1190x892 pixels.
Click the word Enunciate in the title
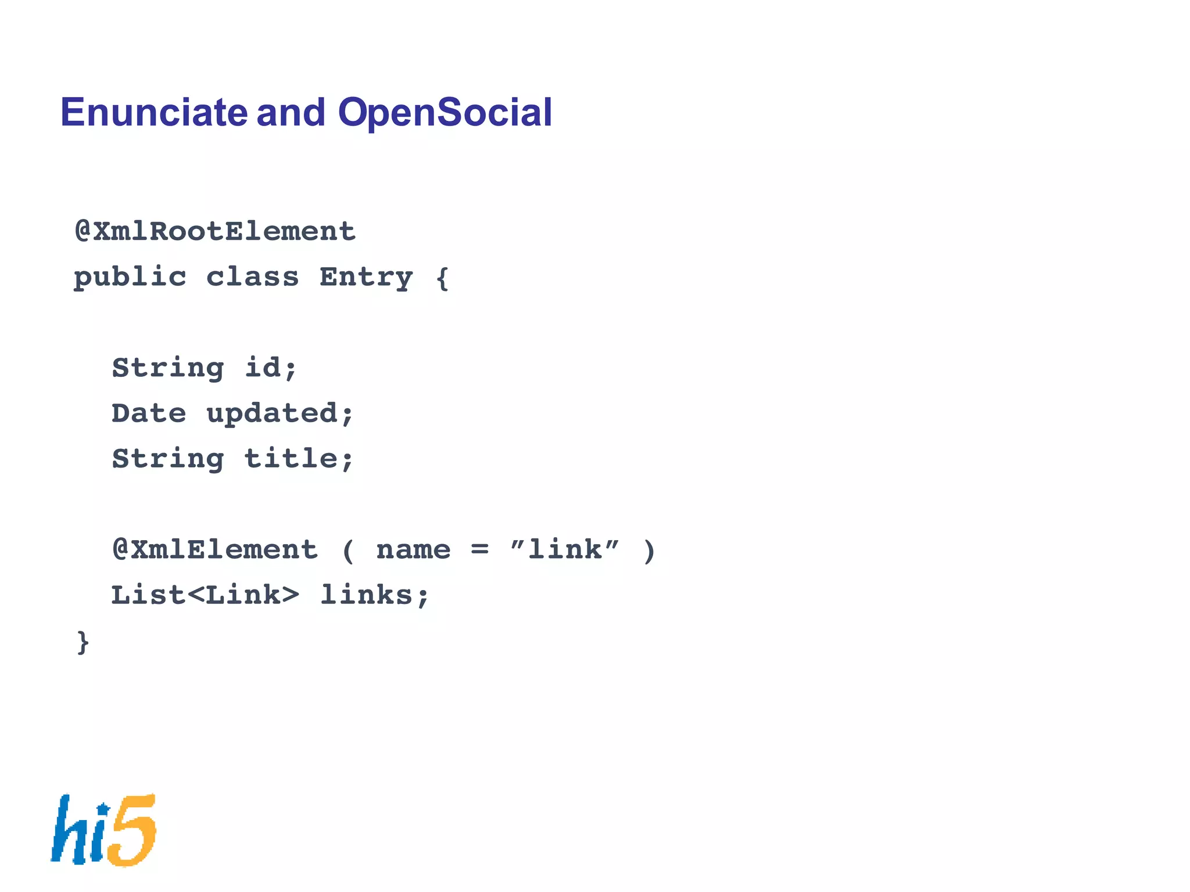point(154,112)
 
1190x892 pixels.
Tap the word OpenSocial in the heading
point(445,112)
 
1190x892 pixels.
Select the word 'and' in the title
point(291,112)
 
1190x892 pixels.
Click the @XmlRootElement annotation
point(215,232)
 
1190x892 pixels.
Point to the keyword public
point(130,278)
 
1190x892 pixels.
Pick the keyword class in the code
point(252,278)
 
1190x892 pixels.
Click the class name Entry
point(366,278)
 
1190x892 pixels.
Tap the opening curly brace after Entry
point(443,278)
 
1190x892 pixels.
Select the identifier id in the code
point(263,368)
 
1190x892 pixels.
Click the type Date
point(149,413)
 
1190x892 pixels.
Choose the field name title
point(291,459)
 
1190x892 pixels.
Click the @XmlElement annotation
point(215,550)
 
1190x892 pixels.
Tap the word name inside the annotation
point(413,550)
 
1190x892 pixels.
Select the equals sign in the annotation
point(479,549)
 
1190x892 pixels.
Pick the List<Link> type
point(205,595)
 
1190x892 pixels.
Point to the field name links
point(367,595)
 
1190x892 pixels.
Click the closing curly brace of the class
point(83,642)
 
